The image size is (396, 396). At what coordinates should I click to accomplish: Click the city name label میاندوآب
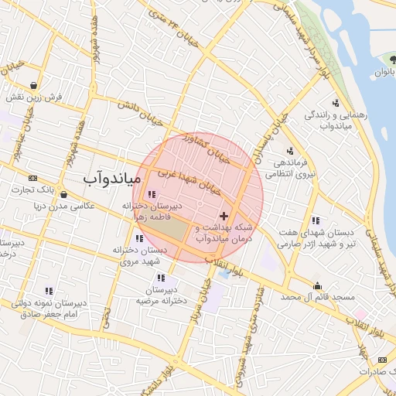coord(111,179)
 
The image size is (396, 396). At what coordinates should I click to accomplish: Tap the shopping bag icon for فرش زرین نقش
coord(33,85)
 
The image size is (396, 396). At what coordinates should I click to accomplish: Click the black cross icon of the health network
coord(224,215)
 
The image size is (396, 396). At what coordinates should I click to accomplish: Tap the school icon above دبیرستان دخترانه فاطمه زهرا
coord(150,194)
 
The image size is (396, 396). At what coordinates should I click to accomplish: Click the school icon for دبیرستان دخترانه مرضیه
coord(161,278)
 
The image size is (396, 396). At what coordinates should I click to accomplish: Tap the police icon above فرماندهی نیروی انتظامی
coord(289,151)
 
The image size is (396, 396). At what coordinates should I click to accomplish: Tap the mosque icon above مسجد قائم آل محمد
coord(316,285)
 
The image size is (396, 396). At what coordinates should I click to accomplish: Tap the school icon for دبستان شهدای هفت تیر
coord(315,220)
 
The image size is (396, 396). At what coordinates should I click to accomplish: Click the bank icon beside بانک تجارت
coord(32,178)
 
